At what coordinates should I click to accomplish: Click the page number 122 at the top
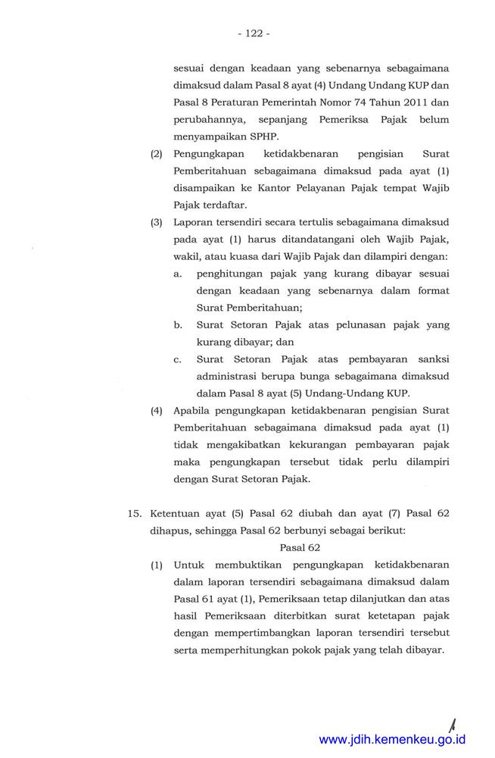(253, 33)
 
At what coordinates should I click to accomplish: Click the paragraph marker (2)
(157, 154)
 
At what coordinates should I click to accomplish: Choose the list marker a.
(178, 274)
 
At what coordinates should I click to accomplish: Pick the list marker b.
(178, 324)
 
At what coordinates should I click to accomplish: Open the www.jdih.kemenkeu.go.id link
(392, 739)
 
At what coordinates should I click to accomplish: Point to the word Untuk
(188, 565)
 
